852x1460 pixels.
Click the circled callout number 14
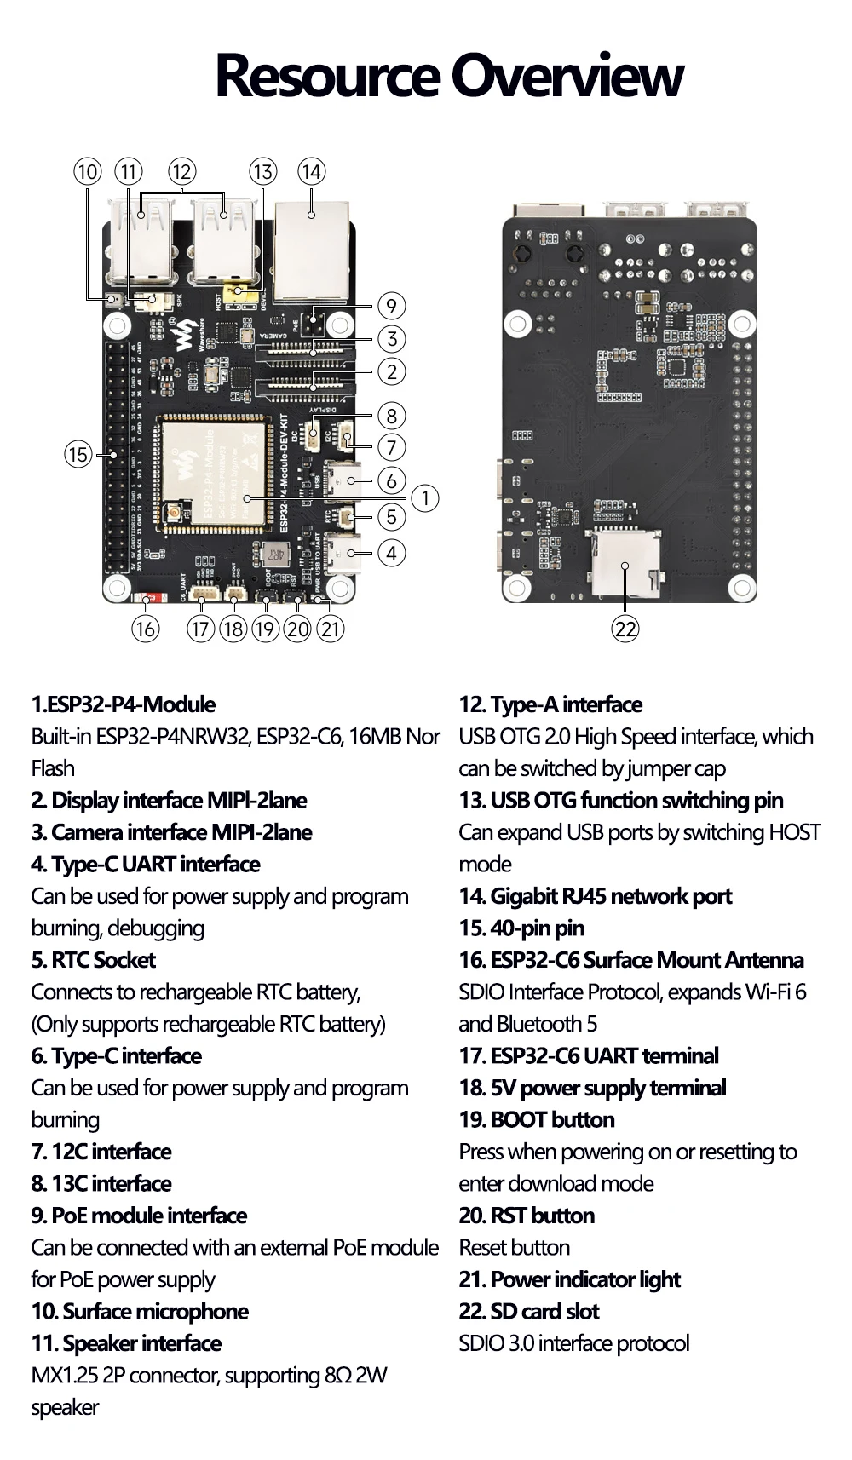click(x=312, y=172)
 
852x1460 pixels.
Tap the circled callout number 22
click(x=625, y=629)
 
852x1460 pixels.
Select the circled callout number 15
click(x=78, y=454)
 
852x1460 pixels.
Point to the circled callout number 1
click(x=424, y=498)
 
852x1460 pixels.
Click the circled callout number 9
click(x=391, y=306)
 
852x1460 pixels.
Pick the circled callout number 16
click(x=145, y=629)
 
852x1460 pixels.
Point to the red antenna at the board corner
click(x=147, y=600)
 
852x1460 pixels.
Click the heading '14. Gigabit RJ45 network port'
click(x=596, y=896)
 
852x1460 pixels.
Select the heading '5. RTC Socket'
click(x=94, y=960)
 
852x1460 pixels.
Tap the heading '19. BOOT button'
click(x=537, y=1119)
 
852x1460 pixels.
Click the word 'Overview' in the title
click(x=567, y=76)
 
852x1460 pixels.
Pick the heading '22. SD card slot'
click(x=529, y=1311)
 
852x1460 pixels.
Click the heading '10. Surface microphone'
click(x=140, y=1311)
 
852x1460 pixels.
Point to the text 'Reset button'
click(x=515, y=1247)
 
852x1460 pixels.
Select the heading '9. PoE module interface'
click(x=140, y=1216)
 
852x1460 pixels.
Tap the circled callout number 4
click(x=391, y=553)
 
